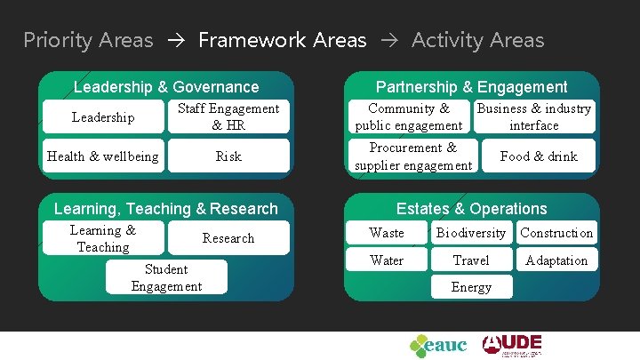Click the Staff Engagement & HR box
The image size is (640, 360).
(228, 117)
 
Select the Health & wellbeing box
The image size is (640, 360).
(103, 156)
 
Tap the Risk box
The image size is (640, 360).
(228, 156)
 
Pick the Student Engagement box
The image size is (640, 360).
(166, 277)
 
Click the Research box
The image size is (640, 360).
(228, 238)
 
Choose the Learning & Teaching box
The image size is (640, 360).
(103, 238)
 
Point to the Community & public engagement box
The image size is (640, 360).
(409, 117)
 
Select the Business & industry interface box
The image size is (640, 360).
(534, 117)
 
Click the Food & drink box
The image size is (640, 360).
(539, 156)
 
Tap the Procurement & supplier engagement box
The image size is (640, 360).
(412, 156)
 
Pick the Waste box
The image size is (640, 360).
(387, 233)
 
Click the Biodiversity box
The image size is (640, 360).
(470, 233)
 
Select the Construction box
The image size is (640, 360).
(556, 233)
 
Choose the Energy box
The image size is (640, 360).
(470, 287)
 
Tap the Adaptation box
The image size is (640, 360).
(556, 260)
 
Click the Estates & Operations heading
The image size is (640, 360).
(471, 209)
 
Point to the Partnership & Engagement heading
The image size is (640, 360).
(471, 87)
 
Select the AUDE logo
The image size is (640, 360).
(512, 345)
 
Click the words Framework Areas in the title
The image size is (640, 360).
(282, 40)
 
